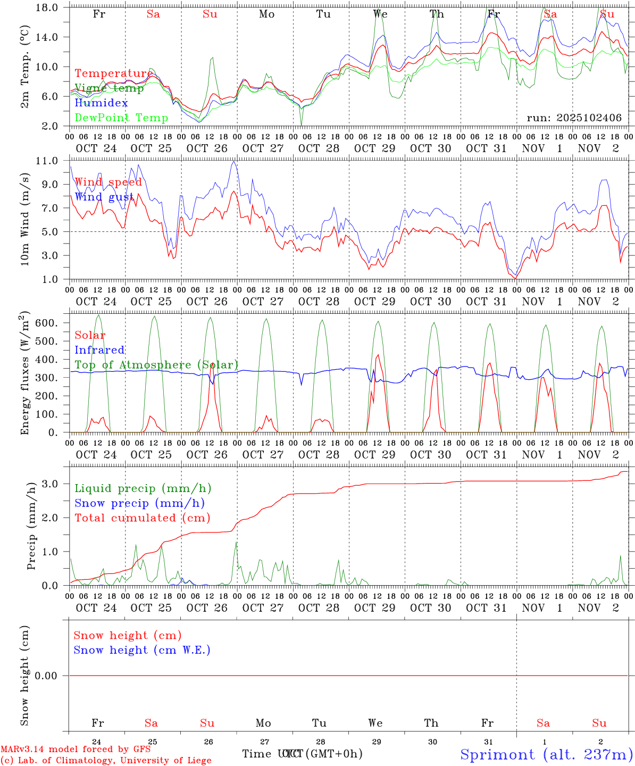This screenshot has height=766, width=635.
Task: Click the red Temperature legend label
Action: point(113,73)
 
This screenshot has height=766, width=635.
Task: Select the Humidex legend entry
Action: point(101,103)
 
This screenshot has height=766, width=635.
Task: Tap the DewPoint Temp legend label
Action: point(121,118)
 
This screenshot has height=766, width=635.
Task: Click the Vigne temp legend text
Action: point(109,88)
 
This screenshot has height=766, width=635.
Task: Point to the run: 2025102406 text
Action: point(574,118)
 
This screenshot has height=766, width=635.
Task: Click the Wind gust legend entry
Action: point(104,197)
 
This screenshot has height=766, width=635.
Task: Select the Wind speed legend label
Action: point(108,182)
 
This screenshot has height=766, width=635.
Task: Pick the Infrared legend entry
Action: point(99,350)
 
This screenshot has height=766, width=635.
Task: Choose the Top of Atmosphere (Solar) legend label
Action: point(156,365)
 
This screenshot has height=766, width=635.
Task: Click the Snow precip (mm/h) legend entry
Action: point(139,503)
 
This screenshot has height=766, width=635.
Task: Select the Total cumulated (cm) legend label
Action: point(142,518)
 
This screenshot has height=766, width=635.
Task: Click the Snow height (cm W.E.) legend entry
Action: point(141,650)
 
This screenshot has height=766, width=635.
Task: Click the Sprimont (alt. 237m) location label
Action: point(546,754)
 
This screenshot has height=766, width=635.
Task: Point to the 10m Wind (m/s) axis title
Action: point(25,219)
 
